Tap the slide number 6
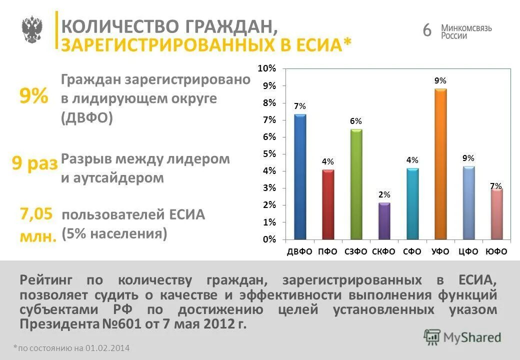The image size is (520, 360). point(426,30)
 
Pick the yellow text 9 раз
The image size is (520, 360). point(34,163)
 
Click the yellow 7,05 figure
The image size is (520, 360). point(36,214)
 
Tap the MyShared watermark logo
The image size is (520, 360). point(462,336)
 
